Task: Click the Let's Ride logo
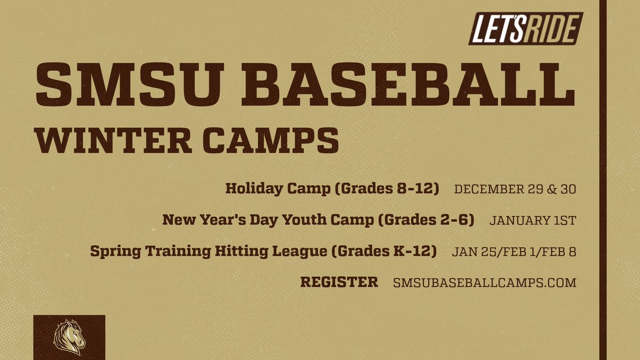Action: coord(525,28)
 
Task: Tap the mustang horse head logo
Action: coord(69,337)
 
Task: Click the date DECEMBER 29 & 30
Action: coord(515,189)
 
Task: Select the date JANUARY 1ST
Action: coord(532,220)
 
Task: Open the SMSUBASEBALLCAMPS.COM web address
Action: coord(484,283)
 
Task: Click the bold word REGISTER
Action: coord(339,282)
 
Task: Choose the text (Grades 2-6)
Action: coord(426,220)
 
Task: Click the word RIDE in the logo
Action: coord(550,28)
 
